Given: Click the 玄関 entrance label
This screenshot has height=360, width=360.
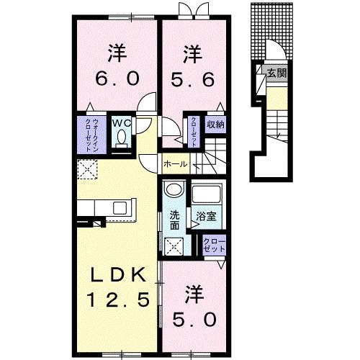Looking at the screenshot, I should click(276, 73).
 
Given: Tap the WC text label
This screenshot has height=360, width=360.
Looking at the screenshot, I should click(120, 122).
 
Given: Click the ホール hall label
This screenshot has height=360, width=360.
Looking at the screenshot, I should click(176, 164).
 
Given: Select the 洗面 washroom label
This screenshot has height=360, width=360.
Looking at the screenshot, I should click(175, 220).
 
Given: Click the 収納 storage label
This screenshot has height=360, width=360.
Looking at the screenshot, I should click(215, 123).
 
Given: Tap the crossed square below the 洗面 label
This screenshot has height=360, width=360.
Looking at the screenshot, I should click(174, 246).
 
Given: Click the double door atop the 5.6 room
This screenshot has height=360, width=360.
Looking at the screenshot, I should click(186, 9).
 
